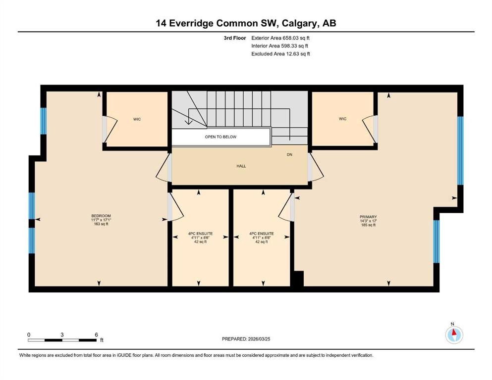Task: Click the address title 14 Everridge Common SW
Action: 246,23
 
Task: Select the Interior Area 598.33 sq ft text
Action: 280,46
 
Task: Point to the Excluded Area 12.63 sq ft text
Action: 280,54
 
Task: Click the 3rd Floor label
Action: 234,38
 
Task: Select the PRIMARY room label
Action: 368,217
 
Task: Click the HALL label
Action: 241,166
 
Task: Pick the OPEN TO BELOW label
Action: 220,137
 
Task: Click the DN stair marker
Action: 290,155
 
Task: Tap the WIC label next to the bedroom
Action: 137,119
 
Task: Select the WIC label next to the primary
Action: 342,119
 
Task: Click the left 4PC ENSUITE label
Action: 200,234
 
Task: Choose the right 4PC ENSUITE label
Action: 261,234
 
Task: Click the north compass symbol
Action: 454,335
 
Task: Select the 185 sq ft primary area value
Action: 368,225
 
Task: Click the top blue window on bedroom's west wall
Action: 43,121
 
